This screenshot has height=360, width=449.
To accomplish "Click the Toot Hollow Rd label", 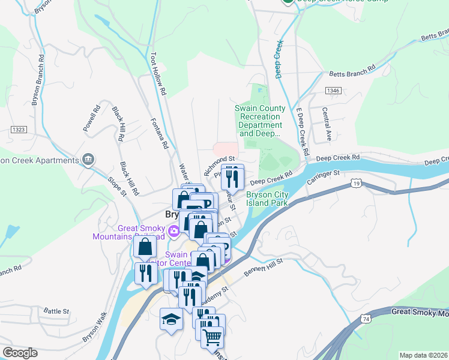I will (x=158, y=74).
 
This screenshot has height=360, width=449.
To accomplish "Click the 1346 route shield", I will (x=334, y=90).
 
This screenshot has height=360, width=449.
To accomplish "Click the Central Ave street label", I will (x=327, y=124).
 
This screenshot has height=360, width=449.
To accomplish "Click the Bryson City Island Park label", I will (x=267, y=199).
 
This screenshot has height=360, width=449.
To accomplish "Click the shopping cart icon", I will (x=212, y=338).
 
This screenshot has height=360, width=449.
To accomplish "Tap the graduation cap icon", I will (x=171, y=319).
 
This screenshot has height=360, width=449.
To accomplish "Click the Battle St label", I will (x=57, y=311).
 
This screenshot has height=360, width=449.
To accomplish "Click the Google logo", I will (x=20, y=353).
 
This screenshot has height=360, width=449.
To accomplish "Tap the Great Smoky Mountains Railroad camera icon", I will (x=174, y=230).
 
